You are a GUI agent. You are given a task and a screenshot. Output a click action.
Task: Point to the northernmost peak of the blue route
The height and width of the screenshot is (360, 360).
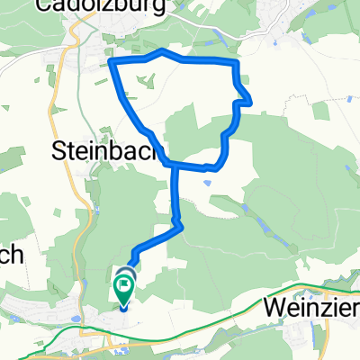click(161, 51)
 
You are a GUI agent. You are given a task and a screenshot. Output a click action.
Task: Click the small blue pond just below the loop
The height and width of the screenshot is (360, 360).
click(209, 183)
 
